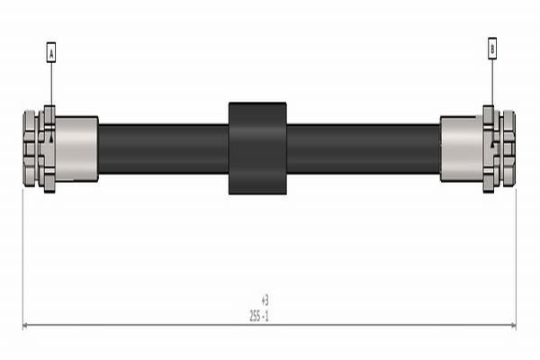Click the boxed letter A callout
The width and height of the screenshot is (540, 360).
(x=51, y=54)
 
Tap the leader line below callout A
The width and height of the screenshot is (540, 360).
(x=51, y=85)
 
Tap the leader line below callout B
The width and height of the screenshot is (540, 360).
(x=492, y=83)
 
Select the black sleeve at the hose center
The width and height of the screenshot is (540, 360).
(x=257, y=148)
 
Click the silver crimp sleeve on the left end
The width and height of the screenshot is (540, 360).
(x=77, y=148)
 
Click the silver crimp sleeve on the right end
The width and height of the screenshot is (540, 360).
(x=461, y=148)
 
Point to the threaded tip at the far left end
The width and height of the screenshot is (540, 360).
(x=29, y=148)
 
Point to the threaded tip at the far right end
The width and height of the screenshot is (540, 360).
(x=509, y=148)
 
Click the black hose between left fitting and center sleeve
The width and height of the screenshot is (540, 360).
(x=162, y=148)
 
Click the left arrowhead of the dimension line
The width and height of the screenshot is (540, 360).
(x=27, y=326)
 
